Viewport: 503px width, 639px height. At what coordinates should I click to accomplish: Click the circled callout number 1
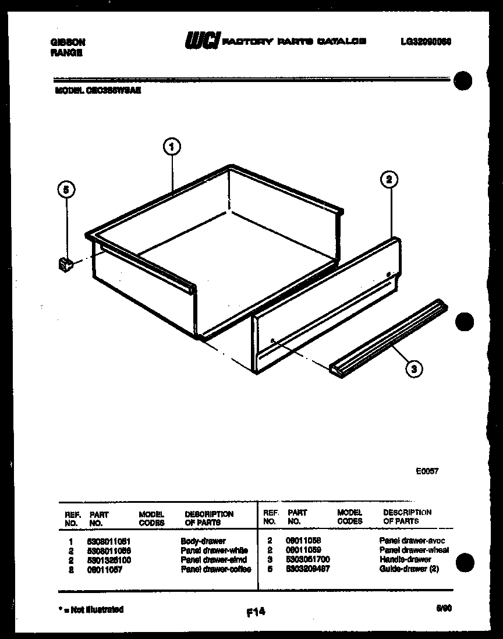coord(171,147)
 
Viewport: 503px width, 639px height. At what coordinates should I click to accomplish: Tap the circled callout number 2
coord(388,179)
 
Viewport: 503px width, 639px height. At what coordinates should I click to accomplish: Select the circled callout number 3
coord(413,368)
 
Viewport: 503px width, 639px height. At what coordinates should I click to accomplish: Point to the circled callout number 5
coord(66,189)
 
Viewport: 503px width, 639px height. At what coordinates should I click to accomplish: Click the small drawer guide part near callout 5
coord(65,265)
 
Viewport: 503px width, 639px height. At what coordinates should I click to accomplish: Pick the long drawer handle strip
coord(389,336)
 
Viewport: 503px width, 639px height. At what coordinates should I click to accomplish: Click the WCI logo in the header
coord(201,41)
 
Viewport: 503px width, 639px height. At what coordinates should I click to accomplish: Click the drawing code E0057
coord(427,471)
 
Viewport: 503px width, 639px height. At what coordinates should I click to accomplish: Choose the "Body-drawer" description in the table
coord(203,541)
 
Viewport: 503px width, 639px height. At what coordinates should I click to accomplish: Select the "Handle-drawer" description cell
coord(405,559)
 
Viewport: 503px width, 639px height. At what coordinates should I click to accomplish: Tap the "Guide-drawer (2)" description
coord(409,569)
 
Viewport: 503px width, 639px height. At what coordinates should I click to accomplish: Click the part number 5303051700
coord(308,559)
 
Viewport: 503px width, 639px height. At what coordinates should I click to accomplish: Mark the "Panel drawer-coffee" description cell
coord(215,569)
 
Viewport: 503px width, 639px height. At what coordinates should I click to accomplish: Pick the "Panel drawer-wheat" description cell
coord(414,550)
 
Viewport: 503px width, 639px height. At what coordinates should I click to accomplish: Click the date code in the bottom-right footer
coord(444,608)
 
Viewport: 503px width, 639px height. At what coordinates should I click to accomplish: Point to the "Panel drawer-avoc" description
coord(412,541)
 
